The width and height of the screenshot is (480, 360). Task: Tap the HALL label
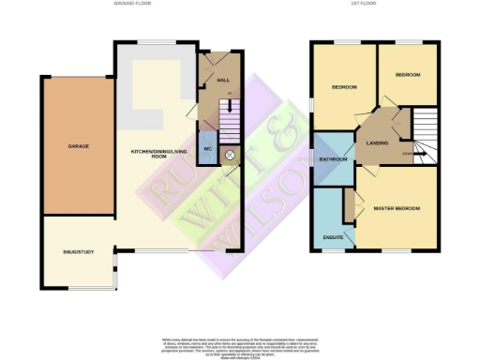(223, 81)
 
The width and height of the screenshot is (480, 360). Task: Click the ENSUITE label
(330, 236)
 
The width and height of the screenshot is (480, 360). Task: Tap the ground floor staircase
(228, 121)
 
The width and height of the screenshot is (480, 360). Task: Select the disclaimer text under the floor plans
(240, 342)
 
